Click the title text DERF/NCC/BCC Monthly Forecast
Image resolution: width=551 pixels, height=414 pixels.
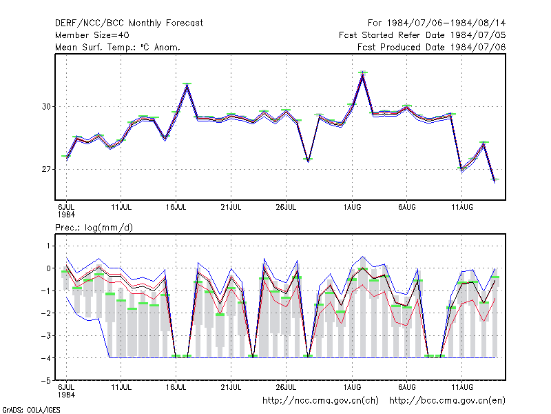click(x=129, y=23)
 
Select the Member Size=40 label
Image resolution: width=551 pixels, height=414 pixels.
click(x=92, y=35)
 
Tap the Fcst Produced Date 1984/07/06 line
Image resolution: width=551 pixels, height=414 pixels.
click(x=432, y=47)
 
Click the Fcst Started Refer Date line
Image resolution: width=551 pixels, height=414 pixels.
click(x=422, y=35)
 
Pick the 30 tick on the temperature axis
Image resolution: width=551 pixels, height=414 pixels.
click(x=46, y=106)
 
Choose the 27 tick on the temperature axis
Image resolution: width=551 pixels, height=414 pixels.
click(x=46, y=169)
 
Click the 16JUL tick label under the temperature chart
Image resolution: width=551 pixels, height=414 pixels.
click(x=176, y=207)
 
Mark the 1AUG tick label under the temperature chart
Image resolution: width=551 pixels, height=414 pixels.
click(x=352, y=207)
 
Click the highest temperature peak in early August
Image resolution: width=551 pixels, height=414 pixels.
click(x=363, y=73)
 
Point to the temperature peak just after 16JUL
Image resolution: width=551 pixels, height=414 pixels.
click(x=187, y=84)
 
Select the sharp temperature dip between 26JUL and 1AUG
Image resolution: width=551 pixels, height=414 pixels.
click(x=308, y=160)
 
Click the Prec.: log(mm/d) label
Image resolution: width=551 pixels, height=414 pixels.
click(x=94, y=228)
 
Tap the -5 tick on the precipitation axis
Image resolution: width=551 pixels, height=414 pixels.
click(x=46, y=381)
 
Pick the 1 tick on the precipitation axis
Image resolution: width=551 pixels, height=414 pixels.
click(x=48, y=246)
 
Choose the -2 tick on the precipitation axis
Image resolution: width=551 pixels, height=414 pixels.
click(x=46, y=313)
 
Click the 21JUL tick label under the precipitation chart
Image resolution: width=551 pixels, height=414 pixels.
click(x=231, y=387)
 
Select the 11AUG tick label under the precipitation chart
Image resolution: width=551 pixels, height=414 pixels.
click(x=461, y=387)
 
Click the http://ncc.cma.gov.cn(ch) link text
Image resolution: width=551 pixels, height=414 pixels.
click(x=320, y=401)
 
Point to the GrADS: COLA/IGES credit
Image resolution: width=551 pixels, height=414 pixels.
click(x=31, y=410)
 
